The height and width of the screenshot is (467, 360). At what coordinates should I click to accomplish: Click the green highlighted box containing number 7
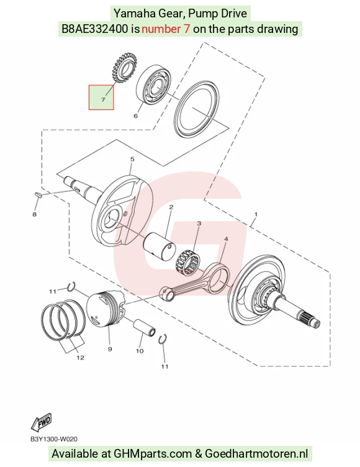(101, 97)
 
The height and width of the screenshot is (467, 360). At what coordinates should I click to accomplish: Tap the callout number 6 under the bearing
(136, 116)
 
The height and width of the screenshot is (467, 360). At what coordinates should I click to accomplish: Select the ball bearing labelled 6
(154, 84)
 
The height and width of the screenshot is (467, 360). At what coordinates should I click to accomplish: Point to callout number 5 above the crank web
(132, 160)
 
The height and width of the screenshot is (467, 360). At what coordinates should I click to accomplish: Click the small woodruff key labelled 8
(38, 194)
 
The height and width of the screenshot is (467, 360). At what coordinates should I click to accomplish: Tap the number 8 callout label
(35, 214)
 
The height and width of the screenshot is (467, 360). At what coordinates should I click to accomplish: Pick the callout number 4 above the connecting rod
(226, 239)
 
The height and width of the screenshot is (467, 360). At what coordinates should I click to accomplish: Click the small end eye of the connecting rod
(166, 292)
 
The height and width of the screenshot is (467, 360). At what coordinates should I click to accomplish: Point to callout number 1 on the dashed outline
(256, 214)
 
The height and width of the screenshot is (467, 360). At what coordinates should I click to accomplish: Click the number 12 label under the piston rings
(81, 358)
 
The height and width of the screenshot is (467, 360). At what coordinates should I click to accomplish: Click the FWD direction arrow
(42, 422)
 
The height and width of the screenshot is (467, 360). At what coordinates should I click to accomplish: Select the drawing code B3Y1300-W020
(54, 439)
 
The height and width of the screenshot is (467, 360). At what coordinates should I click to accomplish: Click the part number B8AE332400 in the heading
(95, 29)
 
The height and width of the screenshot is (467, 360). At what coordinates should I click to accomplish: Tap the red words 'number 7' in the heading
(166, 29)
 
